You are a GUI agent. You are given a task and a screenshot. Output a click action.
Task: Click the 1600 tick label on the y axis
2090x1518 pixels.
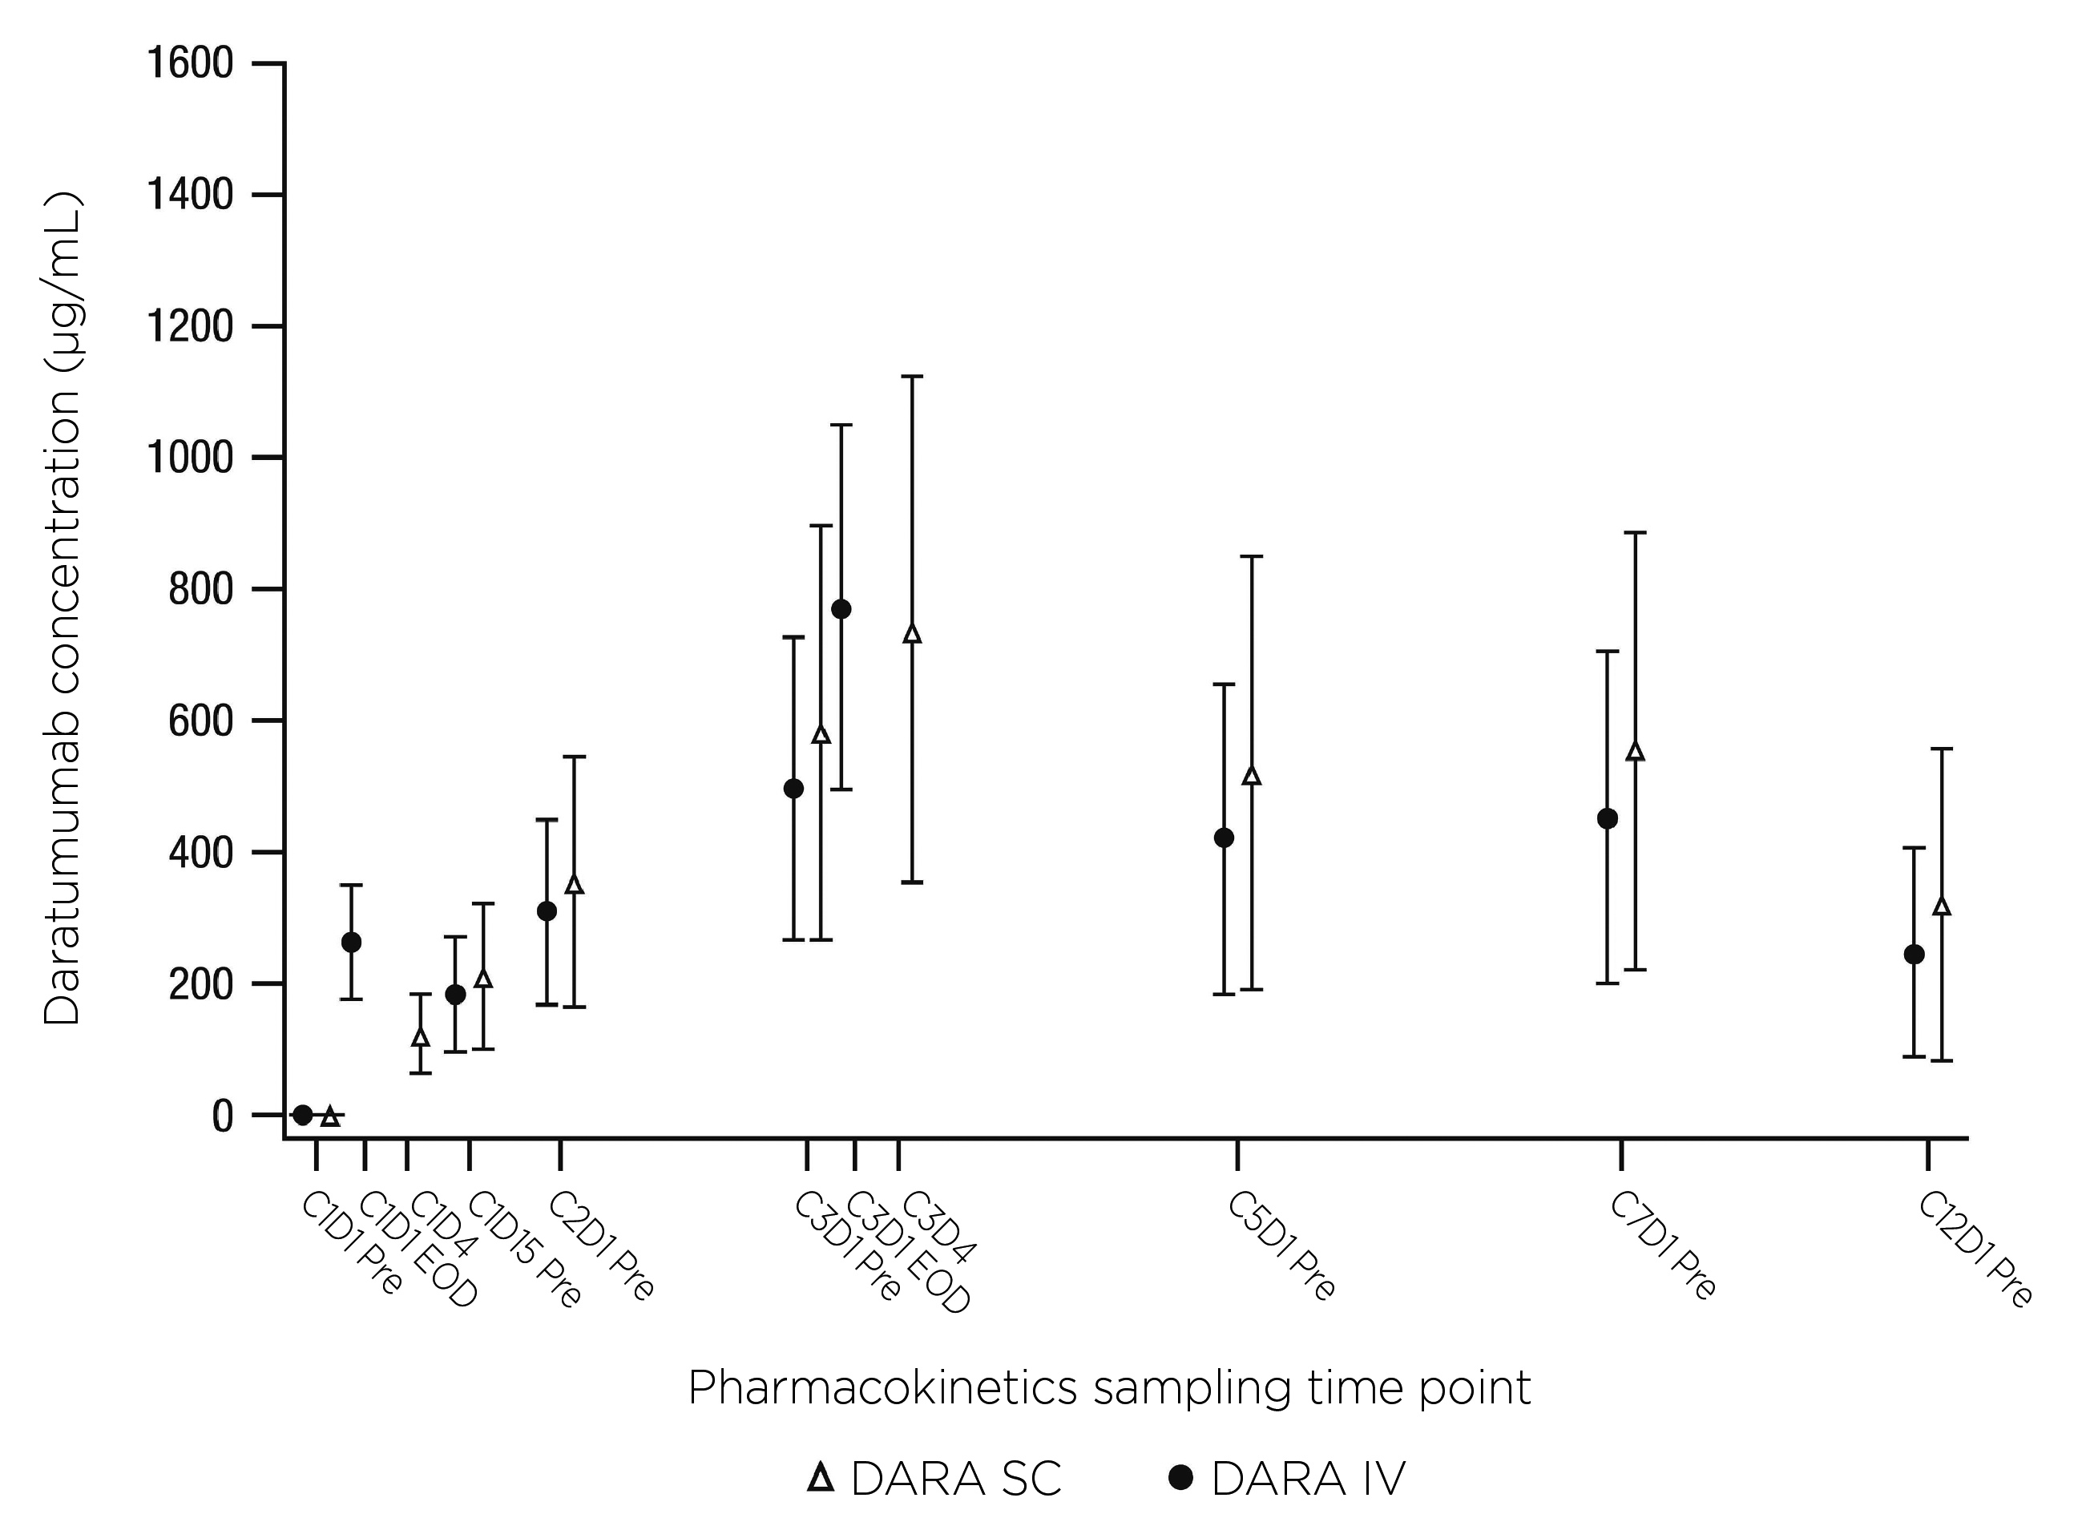point(190,63)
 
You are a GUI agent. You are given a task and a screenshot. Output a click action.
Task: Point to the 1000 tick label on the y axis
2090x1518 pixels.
point(190,458)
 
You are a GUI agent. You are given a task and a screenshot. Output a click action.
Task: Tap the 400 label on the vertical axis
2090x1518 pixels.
point(201,853)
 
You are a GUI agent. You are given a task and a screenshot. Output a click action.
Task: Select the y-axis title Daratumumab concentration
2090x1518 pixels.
point(63,608)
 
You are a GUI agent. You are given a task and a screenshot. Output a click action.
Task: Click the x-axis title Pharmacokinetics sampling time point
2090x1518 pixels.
point(1108,1387)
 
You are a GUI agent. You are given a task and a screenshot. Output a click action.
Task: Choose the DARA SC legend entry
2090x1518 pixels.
point(934,1480)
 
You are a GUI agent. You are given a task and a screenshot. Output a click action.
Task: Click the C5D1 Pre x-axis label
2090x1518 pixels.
point(1281,1247)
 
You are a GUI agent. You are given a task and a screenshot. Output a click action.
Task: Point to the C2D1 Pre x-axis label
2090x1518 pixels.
point(602,1247)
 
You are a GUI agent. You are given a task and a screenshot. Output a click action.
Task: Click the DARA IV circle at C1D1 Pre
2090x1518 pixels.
point(302,1114)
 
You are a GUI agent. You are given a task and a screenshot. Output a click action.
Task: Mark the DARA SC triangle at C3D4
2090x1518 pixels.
point(912,633)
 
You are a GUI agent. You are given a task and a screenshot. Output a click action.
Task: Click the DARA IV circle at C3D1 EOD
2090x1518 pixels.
point(841,609)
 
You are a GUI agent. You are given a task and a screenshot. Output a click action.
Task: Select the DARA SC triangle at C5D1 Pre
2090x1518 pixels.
point(1252,776)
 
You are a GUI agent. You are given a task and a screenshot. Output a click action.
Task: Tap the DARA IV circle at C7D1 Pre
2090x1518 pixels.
point(1607,818)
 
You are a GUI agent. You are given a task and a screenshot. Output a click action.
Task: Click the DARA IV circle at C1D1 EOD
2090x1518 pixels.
point(351,942)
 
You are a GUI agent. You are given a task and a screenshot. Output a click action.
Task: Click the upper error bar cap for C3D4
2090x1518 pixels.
point(912,377)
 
